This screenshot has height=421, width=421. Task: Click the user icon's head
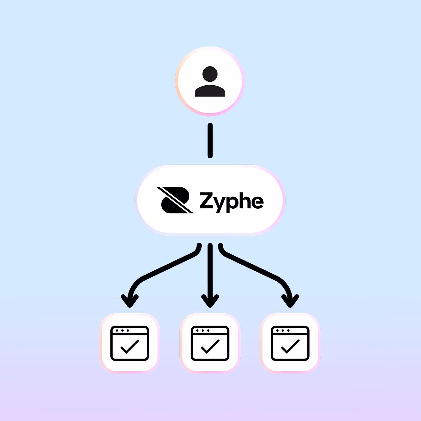(210, 74)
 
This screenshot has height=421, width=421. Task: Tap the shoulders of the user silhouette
(210, 91)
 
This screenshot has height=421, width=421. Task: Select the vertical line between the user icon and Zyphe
(210, 140)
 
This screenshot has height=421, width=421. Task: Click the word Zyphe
(231, 201)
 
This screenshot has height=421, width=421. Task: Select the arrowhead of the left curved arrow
(130, 301)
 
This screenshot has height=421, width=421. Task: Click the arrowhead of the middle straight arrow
(210, 301)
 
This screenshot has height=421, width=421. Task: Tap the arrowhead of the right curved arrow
(290, 301)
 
